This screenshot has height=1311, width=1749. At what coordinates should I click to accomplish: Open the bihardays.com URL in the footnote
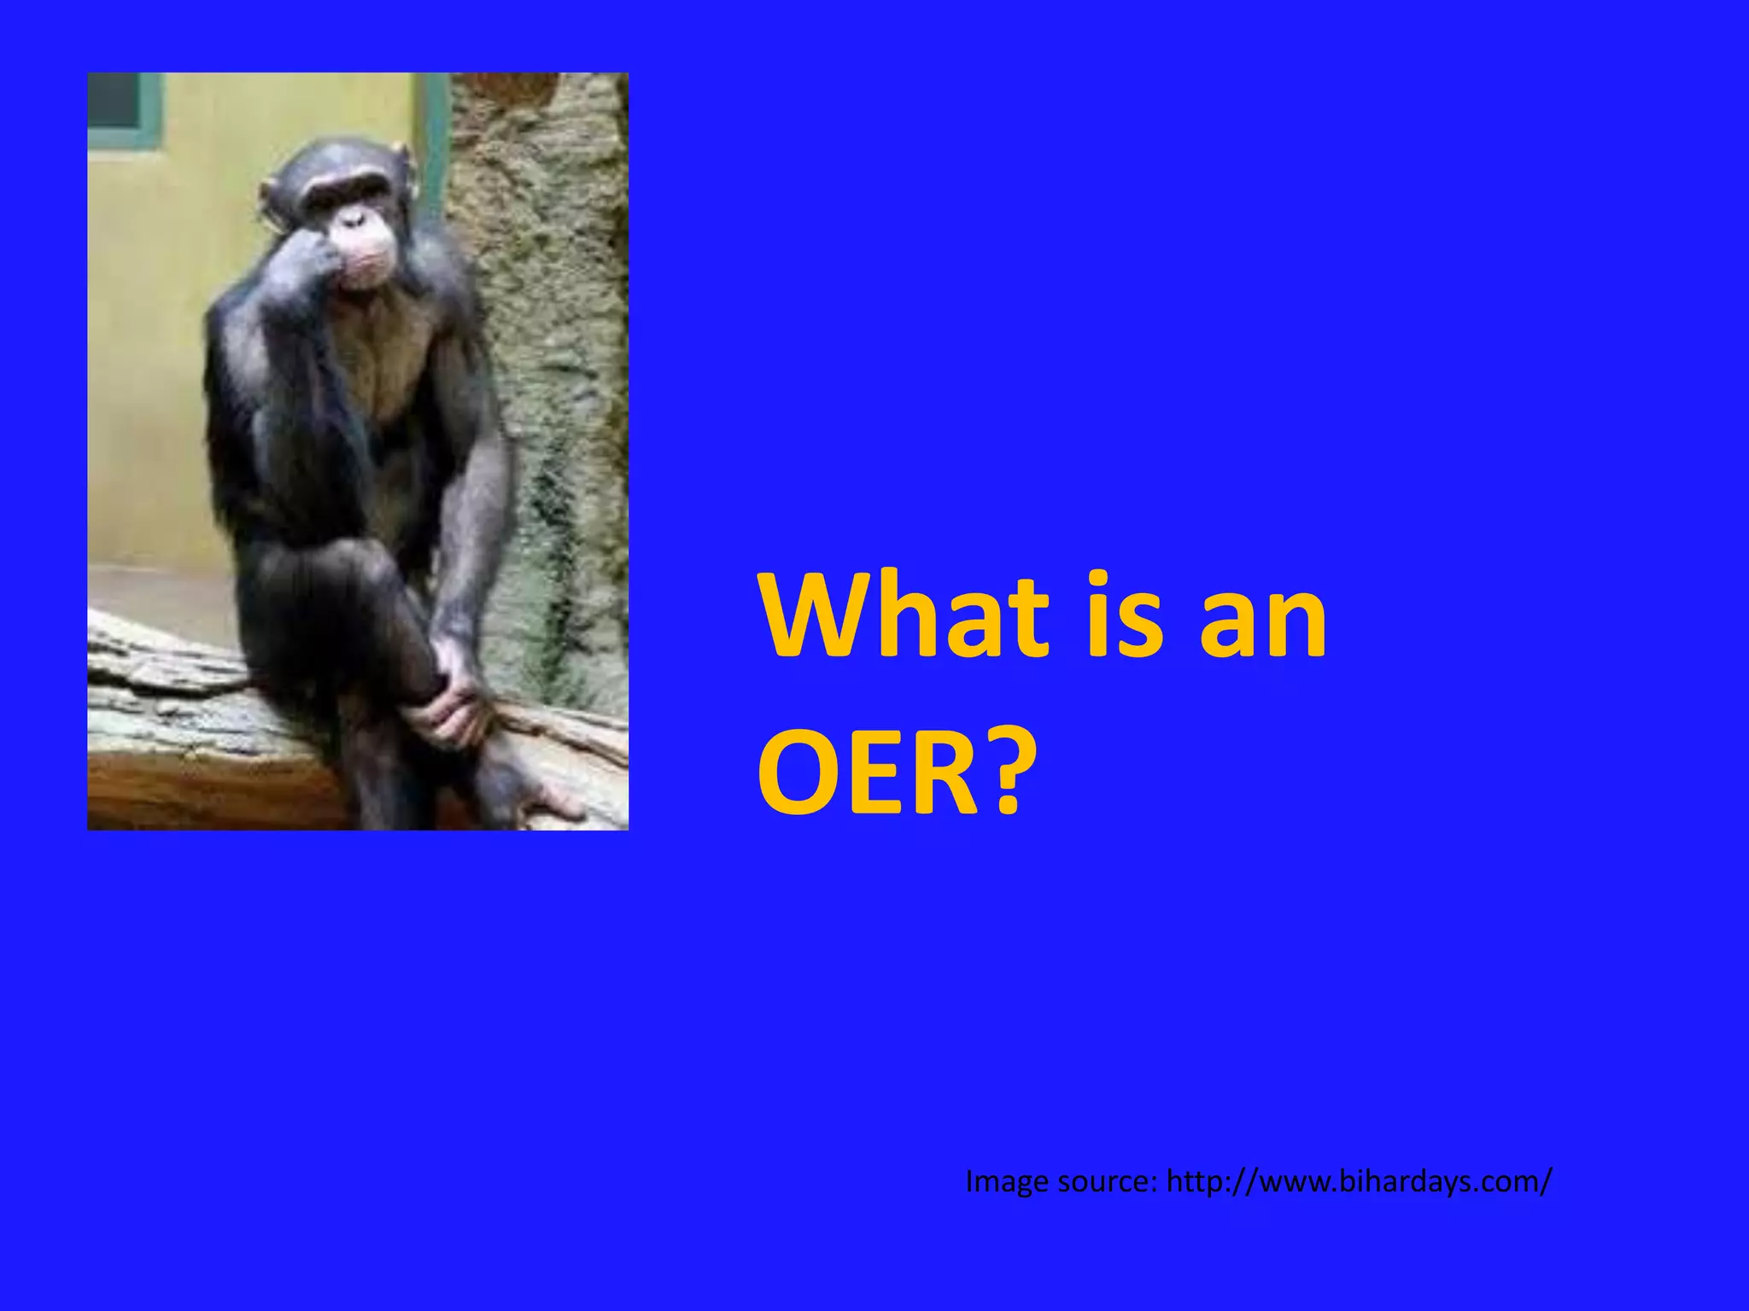point(1358,1182)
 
